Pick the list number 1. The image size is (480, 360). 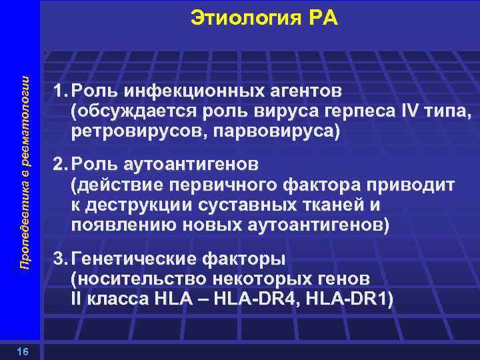coord(60,90)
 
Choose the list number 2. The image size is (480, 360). coord(61,164)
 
